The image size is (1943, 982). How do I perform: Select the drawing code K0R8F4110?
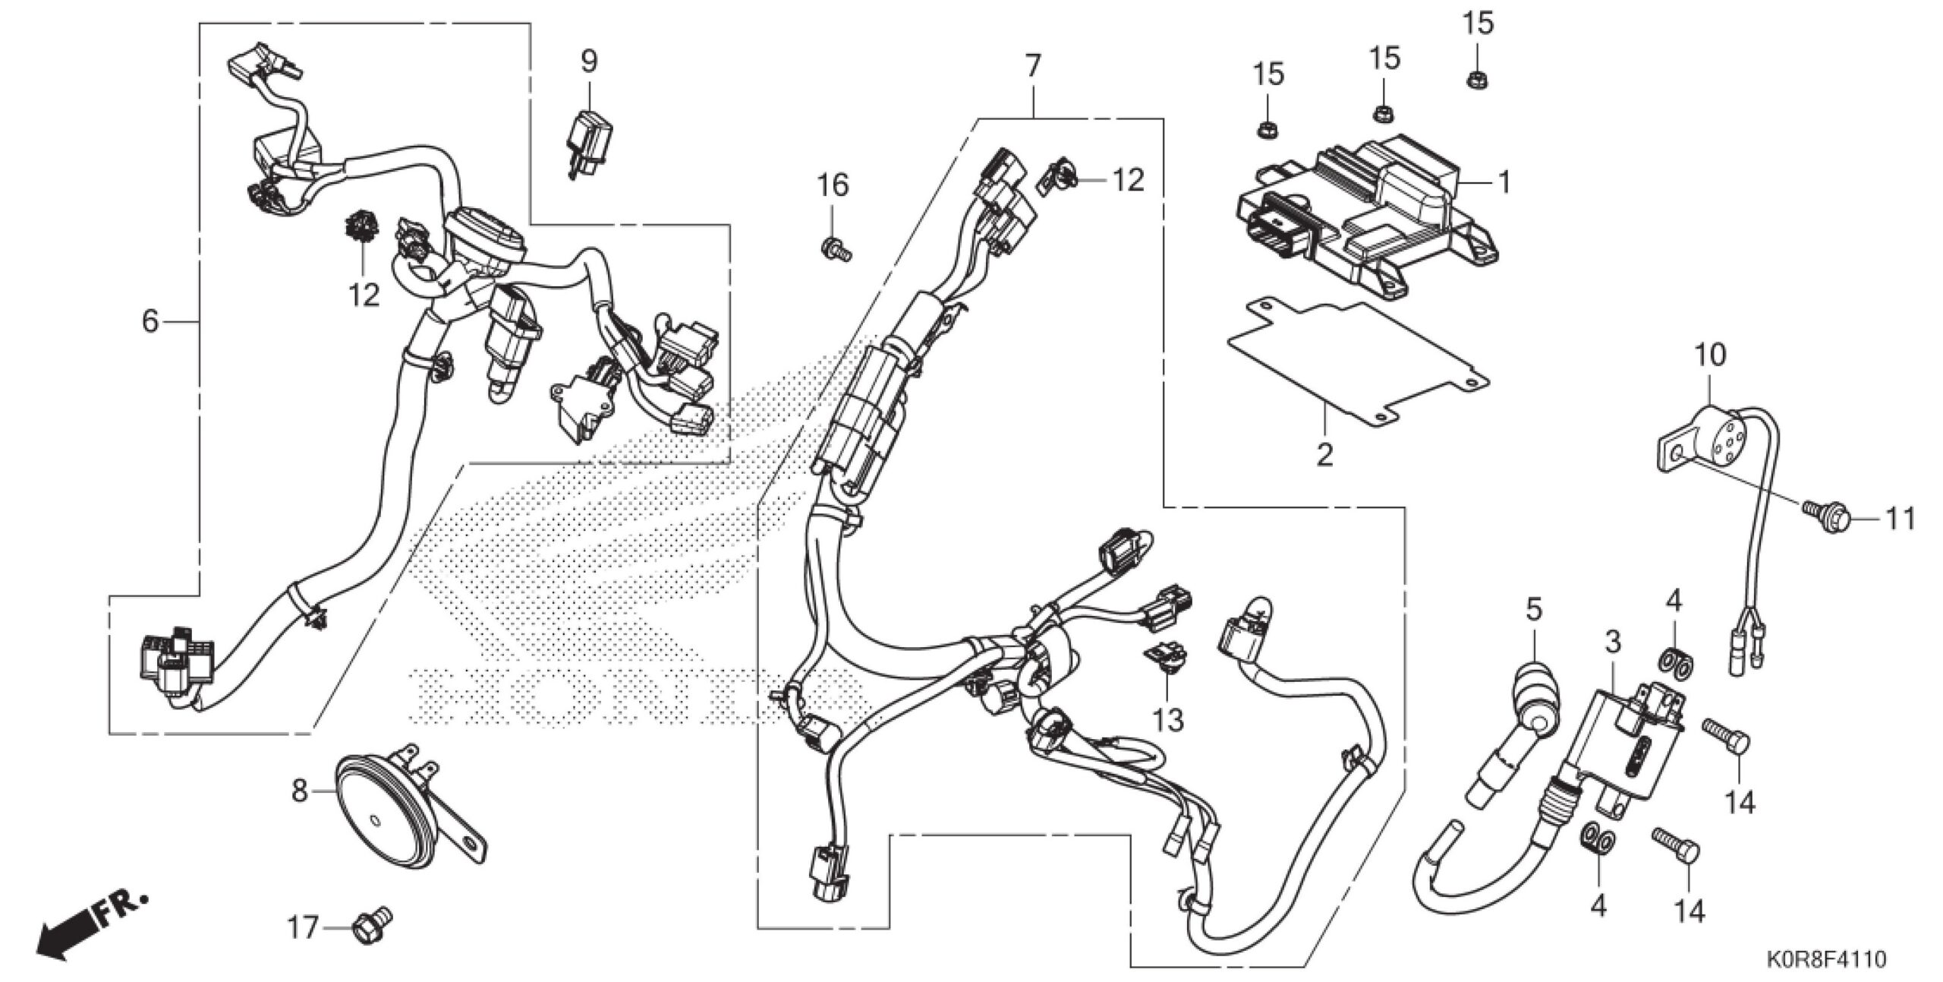pyautogui.click(x=1838, y=959)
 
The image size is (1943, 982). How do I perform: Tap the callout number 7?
pyautogui.click(x=1032, y=67)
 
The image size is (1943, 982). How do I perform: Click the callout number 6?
pyautogui.click(x=150, y=322)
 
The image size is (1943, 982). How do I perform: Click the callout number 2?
pyautogui.click(x=1324, y=456)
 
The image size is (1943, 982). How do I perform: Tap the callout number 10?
pyautogui.click(x=1710, y=355)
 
